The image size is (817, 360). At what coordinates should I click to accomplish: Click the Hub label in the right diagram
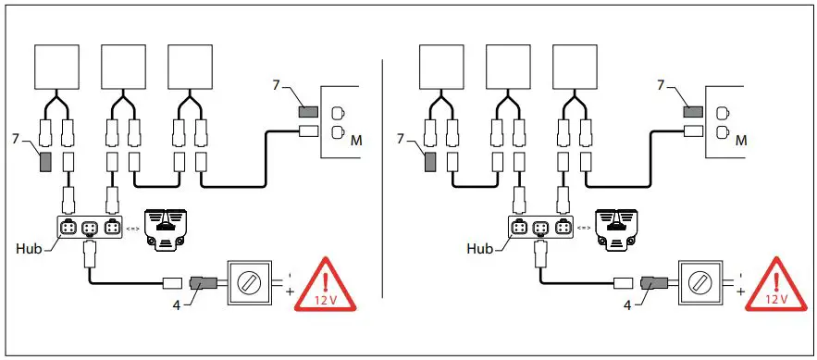[479, 250]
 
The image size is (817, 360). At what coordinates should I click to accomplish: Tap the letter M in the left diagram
[356, 141]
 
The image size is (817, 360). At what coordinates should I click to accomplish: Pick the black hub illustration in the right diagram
[620, 228]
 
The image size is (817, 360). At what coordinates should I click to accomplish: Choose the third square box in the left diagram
[191, 68]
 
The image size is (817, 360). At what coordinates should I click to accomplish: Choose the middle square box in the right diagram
[508, 68]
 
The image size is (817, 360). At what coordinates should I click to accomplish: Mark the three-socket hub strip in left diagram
[91, 228]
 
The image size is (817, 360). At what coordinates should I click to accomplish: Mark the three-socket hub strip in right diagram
[541, 228]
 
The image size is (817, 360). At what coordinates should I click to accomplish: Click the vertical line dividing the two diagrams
[382, 185]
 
